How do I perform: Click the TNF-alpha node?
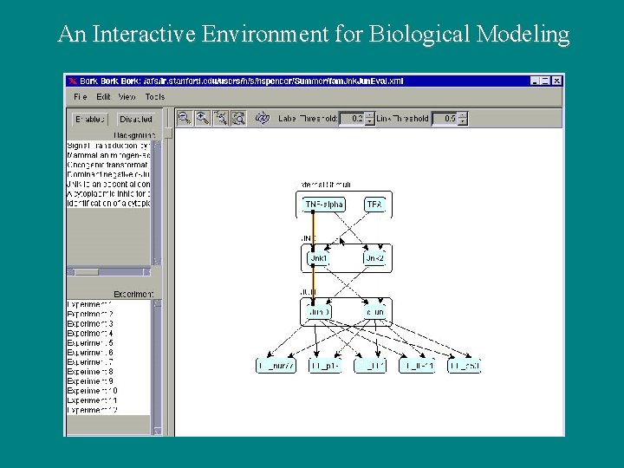(323, 205)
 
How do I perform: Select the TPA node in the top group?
(374, 205)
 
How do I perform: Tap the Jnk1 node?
(318, 258)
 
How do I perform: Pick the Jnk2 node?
(374, 258)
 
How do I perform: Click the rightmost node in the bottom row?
(465, 366)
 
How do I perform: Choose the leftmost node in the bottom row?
(276, 366)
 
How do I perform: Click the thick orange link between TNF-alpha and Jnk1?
(314, 231)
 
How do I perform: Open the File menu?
(81, 96)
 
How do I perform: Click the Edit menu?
(104, 96)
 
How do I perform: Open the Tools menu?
(155, 96)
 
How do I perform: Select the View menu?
(127, 96)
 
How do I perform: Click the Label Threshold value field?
(352, 119)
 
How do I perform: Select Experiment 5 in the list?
(89, 342)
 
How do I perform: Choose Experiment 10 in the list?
(91, 391)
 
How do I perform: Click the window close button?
(557, 81)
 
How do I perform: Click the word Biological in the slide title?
(419, 35)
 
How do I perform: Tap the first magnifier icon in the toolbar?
(184, 118)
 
